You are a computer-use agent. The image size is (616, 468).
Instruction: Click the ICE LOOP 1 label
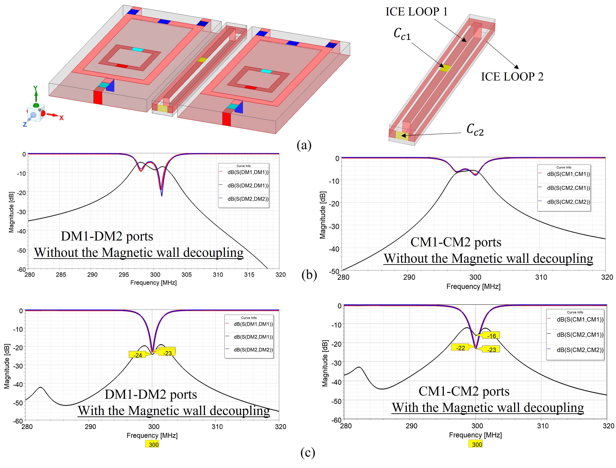[416, 12]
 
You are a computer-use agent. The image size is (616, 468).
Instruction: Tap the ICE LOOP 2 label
[512, 77]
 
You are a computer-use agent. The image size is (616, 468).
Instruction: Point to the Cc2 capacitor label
[475, 130]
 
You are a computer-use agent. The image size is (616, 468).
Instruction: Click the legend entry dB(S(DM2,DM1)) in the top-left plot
[248, 186]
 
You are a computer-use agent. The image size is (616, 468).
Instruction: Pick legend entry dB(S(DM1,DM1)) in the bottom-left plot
[253, 324]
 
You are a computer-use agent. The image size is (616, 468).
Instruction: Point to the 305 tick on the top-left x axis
[187, 275]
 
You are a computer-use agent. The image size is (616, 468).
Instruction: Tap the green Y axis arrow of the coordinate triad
[36, 93]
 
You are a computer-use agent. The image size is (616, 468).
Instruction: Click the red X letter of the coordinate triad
[61, 118]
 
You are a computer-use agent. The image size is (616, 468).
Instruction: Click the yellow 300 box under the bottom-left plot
[153, 444]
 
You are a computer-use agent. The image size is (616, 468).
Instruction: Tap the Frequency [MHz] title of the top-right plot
[473, 286]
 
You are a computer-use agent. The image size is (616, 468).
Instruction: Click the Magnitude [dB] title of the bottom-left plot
[7, 366]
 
